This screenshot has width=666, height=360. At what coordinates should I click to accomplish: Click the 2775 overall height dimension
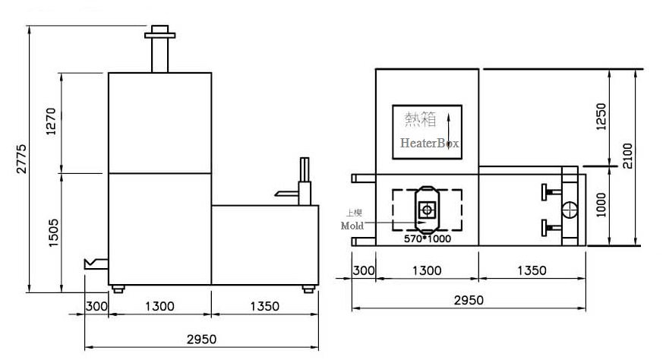coord(21,158)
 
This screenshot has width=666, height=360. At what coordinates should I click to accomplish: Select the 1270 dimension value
coord(52,122)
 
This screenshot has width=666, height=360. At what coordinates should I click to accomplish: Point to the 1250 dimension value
coord(601,116)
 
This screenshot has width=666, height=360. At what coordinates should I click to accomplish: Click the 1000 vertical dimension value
coord(601,204)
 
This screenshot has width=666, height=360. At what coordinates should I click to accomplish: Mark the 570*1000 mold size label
coord(427,238)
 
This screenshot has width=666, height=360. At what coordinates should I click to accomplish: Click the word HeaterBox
coord(430,143)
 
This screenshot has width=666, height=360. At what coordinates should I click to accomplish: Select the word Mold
coord(353,226)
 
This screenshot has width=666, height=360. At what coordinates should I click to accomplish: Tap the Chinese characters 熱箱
coord(421,119)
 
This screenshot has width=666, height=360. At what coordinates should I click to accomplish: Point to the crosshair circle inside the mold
coord(428,207)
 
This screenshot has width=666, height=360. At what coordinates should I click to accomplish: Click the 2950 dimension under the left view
coord(201,338)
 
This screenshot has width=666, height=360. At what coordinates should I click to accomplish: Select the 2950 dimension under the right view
coord(468,300)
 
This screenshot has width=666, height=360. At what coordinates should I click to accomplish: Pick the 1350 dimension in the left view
coord(264,307)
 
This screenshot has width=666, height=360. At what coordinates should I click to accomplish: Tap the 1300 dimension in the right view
coord(428,270)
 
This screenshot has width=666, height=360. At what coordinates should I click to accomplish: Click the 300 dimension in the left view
coord(96,307)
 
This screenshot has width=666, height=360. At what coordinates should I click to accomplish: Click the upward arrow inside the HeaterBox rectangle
coord(449,128)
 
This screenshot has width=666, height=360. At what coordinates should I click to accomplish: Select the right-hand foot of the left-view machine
coord(308,289)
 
